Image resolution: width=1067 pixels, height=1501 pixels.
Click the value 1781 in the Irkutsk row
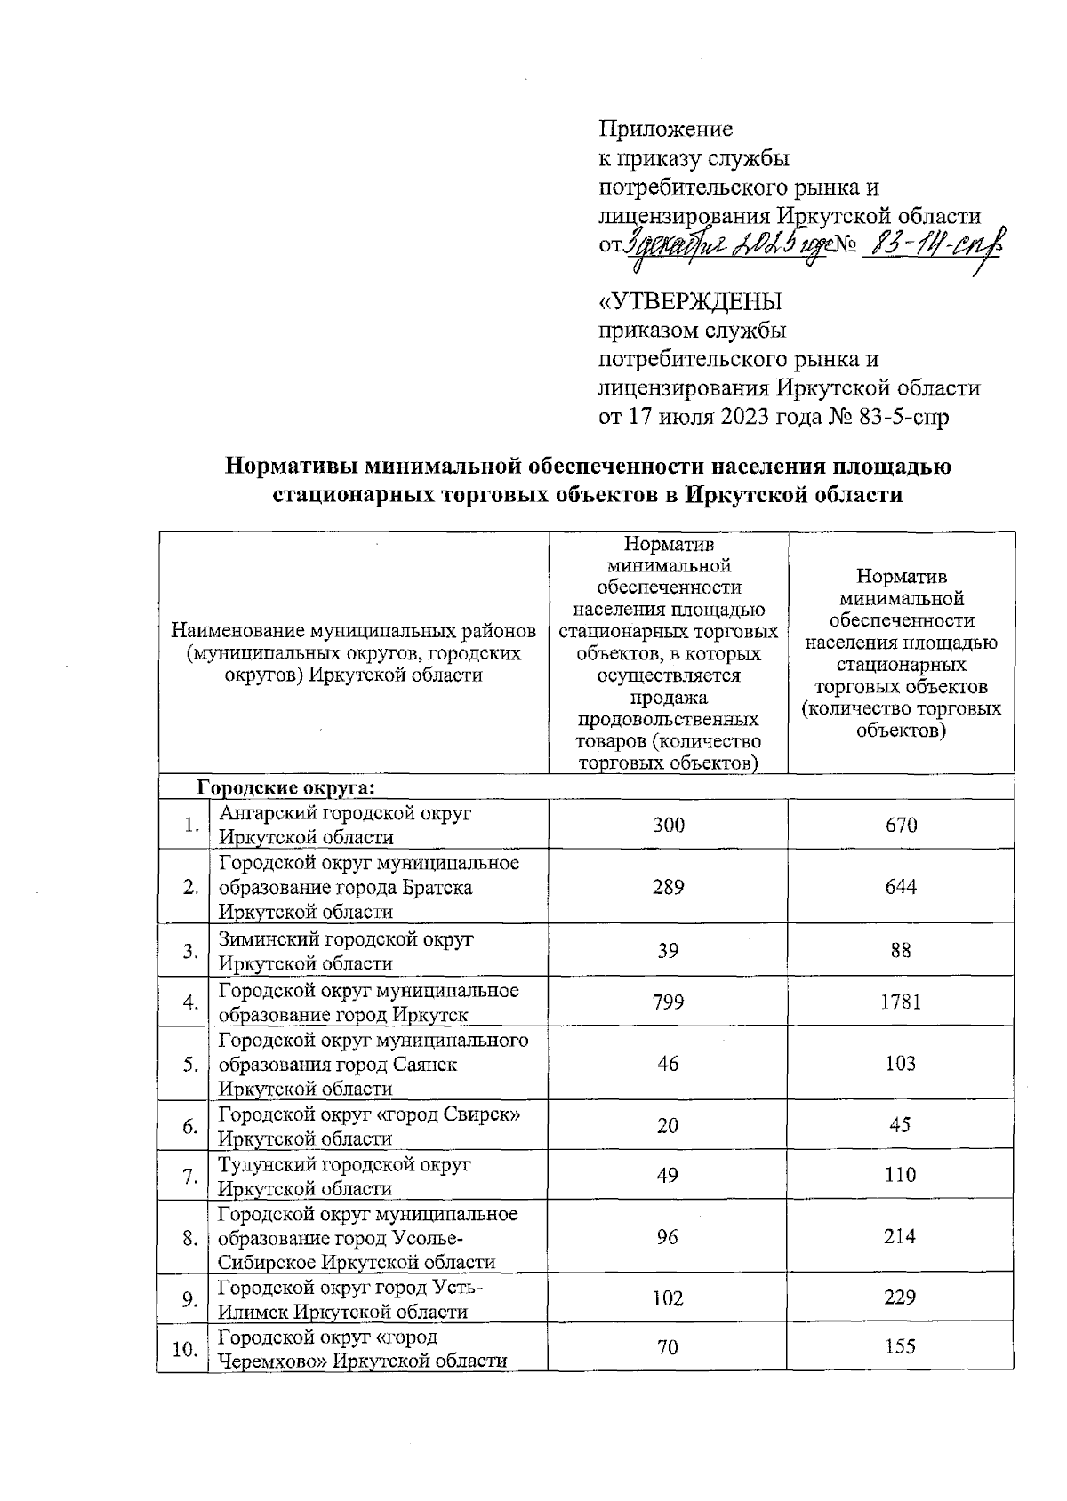point(900,1002)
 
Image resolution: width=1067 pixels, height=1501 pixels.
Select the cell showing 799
point(668,1002)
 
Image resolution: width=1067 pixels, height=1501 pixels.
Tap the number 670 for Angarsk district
point(900,825)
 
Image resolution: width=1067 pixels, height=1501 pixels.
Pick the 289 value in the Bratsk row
point(668,887)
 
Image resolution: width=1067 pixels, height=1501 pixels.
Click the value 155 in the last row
point(900,1347)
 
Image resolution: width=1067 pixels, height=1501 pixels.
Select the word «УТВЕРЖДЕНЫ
point(692,302)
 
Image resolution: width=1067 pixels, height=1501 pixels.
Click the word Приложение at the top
point(666,130)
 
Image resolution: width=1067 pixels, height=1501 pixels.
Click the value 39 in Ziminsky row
point(668,951)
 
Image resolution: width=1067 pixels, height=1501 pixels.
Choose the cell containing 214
point(900,1236)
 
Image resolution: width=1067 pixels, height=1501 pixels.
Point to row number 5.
point(189,1064)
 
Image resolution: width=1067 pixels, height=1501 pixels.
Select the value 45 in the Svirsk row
point(900,1125)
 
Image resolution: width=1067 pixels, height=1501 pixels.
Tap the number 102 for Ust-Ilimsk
point(668,1297)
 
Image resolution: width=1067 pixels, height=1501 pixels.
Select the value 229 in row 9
point(900,1297)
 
